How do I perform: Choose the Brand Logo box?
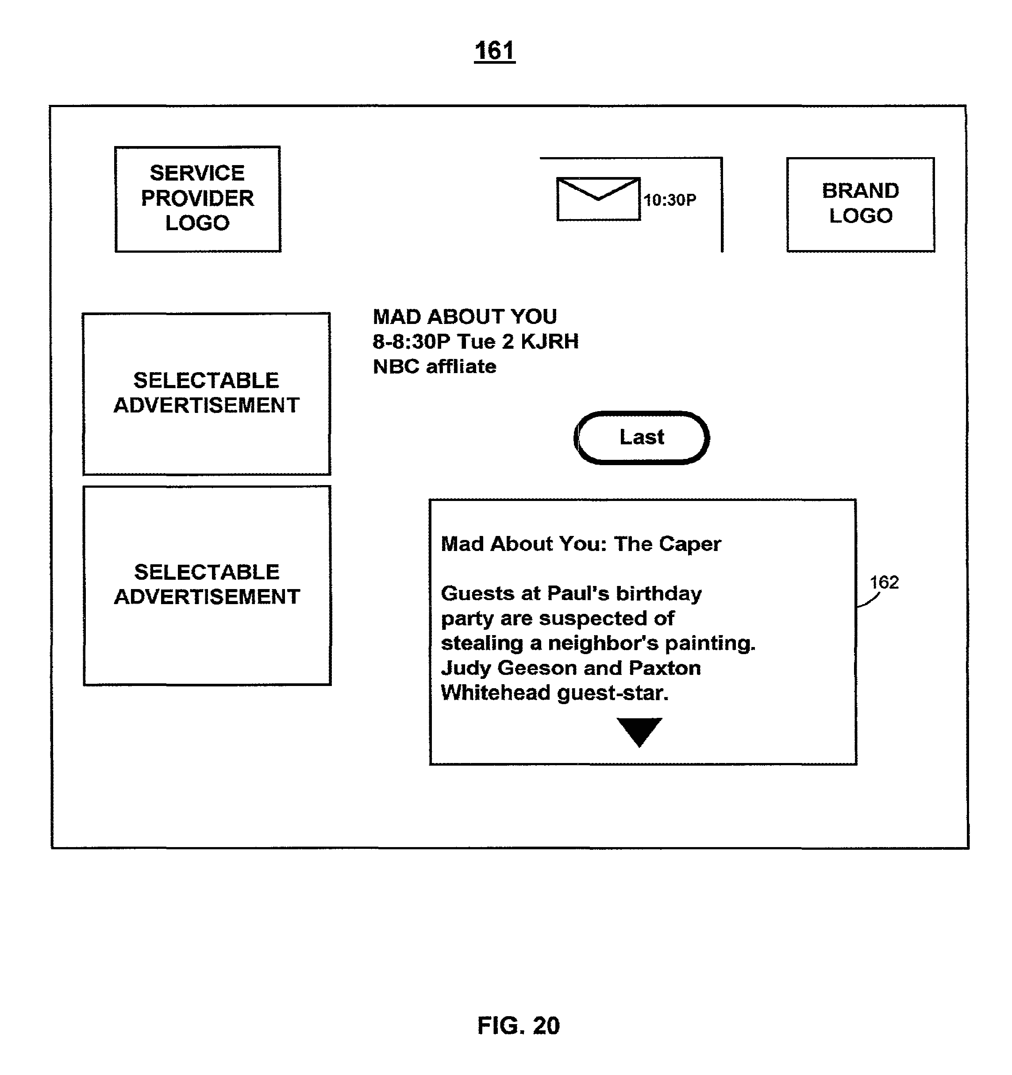[x=860, y=204]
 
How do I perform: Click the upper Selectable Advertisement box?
[x=207, y=393]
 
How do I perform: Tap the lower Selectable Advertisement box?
[x=207, y=585]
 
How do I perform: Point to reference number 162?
[x=884, y=582]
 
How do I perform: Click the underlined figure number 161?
[x=494, y=51]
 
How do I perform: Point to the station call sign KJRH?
[x=549, y=341]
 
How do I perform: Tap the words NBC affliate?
[x=434, y=366]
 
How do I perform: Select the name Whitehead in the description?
[x=495, y=693]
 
